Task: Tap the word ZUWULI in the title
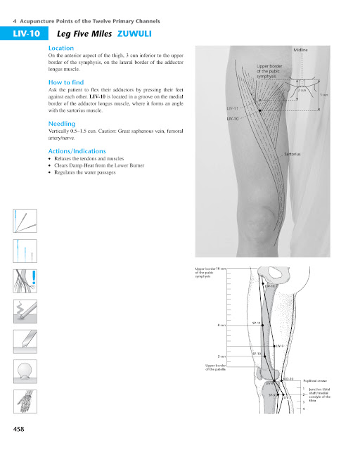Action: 134,33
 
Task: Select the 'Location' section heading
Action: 60,47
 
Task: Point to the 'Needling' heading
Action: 61,123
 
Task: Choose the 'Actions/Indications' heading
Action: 77,151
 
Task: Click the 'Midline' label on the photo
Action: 300,50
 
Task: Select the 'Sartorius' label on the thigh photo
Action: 293,153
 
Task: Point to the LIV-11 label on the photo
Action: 233,108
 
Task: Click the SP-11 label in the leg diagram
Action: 257,323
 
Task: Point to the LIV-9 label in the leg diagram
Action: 278,346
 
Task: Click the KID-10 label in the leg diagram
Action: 287,379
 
